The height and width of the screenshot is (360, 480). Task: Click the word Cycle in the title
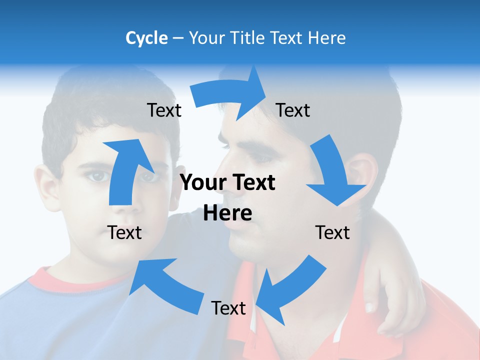[146, 38]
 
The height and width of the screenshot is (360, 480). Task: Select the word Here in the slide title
[327, 38]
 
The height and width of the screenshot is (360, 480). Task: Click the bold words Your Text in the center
[227, 183]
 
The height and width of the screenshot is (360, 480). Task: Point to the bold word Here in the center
[227, 213]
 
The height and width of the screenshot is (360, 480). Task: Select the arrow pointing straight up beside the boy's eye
[125, 170]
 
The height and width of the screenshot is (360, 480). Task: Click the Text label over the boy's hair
[164, 110]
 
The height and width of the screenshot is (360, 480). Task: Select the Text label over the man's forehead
[293, 110]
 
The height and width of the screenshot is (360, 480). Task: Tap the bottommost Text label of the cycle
[228, 308]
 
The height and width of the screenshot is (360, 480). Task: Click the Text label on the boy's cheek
[124, 232]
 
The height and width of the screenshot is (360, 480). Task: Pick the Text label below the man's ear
[332, 232]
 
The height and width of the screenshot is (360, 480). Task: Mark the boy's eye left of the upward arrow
[98, 176]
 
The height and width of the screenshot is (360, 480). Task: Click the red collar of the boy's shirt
[60, 282]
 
